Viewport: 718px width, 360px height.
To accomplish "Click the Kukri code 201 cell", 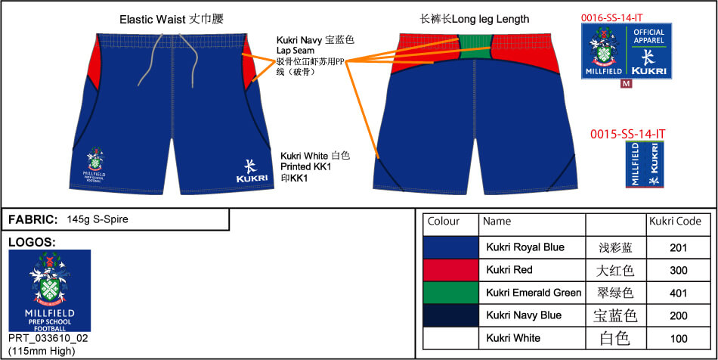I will coord(678,247).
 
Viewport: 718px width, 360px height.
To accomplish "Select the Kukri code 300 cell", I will coord(678,270).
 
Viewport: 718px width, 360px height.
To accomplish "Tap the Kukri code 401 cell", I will coord(678,293).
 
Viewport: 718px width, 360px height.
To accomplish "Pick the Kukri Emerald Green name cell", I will coord(534,293).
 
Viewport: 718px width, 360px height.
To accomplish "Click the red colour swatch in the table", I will coord(450,270).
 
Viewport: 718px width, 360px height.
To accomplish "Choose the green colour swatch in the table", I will coord(450,293).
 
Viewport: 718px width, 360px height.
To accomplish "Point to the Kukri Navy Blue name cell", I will coord(524,315).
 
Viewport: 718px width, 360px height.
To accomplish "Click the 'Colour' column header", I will coord(444,222).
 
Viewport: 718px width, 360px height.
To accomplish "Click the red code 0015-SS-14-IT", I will coord(628,134).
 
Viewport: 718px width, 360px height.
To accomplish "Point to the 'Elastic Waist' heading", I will coord(171,19).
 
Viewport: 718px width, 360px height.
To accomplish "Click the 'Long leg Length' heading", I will coord(475,19).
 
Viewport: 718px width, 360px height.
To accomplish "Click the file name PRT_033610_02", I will coord(48,337).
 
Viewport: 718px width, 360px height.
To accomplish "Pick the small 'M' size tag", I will coord(625,83).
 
